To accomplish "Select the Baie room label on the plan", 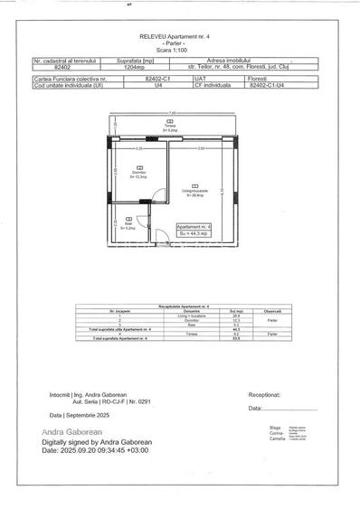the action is tap(128, 227).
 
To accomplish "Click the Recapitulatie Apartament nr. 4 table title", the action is tap(181, 307).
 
